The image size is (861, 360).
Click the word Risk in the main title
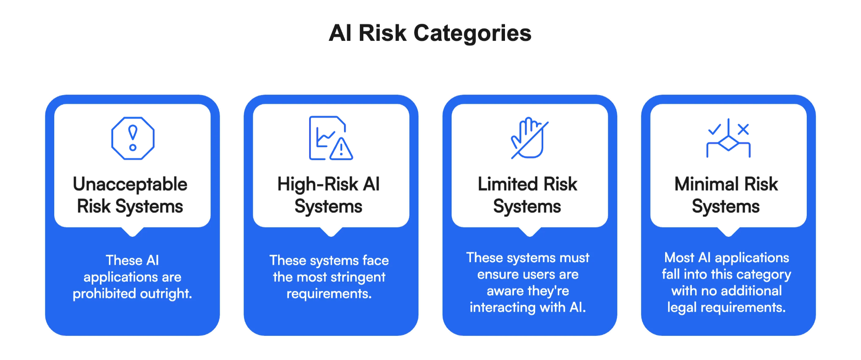382,33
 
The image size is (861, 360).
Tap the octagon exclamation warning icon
133,138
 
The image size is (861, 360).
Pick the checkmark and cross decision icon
728,137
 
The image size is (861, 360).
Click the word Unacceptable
130,184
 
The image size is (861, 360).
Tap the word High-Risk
318,184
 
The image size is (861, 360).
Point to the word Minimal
705,184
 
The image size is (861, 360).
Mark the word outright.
166,294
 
